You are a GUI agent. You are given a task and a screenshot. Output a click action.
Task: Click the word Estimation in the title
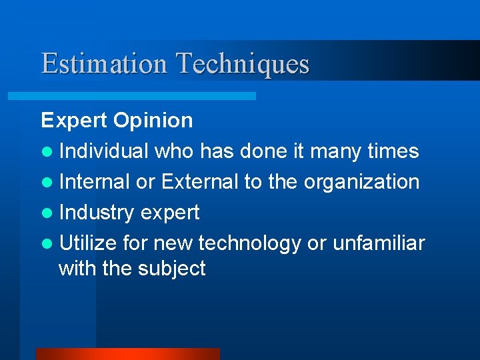point(103,64)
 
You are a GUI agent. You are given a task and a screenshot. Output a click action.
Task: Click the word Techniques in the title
point(243,64)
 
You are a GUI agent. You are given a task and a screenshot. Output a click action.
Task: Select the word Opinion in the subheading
point(153,121)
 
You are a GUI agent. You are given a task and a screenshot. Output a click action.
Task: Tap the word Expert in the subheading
point(74,121)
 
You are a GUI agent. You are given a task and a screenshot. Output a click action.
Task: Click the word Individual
point(104,151)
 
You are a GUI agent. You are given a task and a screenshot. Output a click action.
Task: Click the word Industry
point(97,213)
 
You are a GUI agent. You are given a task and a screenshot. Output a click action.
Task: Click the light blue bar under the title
point(131,97)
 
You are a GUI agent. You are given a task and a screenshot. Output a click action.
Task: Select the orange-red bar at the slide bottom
point(127,354)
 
